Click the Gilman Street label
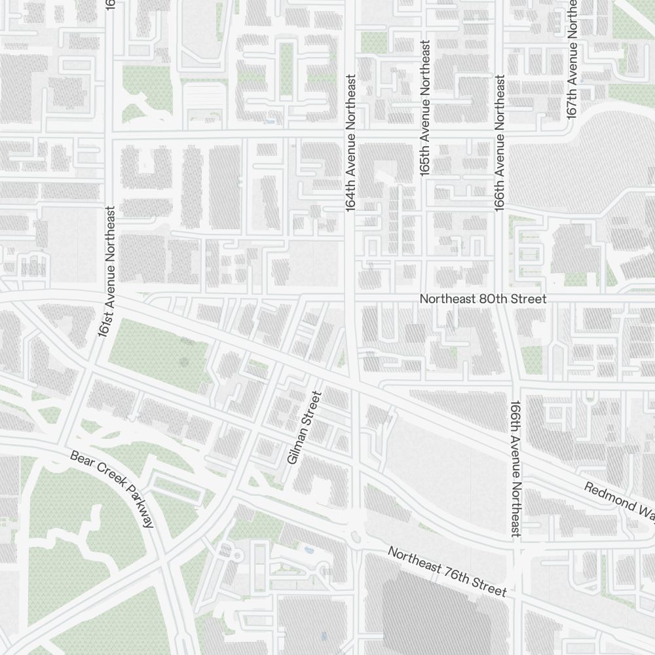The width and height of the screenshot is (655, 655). [x=302, y=428]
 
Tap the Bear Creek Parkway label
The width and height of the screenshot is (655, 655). [x=113, y=489]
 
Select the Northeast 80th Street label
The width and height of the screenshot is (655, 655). [x=483, y=299]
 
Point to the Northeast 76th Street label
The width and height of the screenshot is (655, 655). [x=447, y=572]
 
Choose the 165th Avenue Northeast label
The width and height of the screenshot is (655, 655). [x=425, y=108]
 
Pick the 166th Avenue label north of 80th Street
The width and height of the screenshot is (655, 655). [x=500, y=143]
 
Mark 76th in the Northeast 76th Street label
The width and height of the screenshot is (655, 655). [x=455, y=575]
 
